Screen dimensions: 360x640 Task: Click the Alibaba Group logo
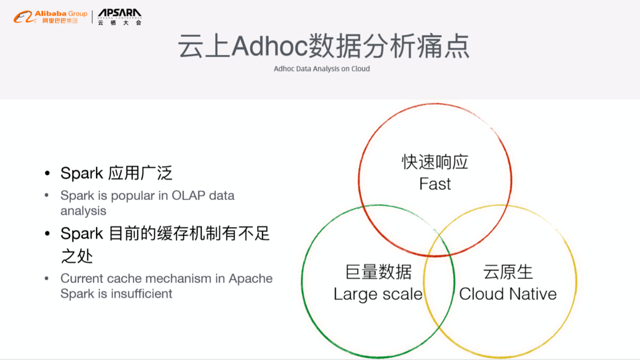click(50, 17)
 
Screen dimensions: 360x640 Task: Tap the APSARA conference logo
click(119, 17)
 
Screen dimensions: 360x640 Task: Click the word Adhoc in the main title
click(268, 47)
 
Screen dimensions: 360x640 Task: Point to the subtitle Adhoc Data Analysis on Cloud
click(322, 69)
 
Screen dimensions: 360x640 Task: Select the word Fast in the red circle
click(435, 184)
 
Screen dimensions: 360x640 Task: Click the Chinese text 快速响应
click(435, 162)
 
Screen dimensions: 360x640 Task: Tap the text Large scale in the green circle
click(378, 294)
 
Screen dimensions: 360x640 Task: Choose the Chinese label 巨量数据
click(378, 272)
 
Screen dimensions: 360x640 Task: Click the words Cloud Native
click(508, 294)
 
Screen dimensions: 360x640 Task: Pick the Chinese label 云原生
click(508, 272)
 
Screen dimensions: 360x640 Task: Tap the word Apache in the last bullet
click(250, 279)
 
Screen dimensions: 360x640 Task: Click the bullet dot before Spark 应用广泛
click(47, 173)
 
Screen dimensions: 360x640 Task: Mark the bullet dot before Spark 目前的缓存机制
click(47, 234)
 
